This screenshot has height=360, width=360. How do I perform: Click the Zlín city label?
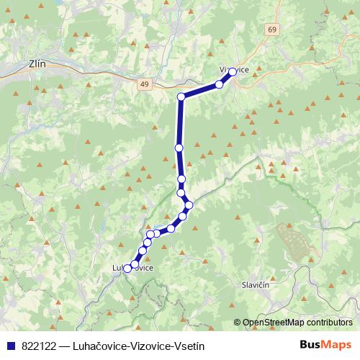[36, 63]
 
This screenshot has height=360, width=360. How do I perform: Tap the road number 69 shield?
[270, 29]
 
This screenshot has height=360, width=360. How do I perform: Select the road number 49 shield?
[145, 84]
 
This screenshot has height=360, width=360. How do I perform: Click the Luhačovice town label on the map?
[133, 268]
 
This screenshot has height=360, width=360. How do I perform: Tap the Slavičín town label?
[256, 284]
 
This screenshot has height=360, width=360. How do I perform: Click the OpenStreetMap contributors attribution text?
[297, 323]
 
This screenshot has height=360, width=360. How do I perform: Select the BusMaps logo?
[327, 345]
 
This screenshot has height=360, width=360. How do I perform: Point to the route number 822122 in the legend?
[36, 345]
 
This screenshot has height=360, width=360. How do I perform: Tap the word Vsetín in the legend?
[184, 345]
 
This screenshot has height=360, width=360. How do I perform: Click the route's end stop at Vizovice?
[233, 72]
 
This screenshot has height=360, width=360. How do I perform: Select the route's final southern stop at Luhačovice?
[127, 269]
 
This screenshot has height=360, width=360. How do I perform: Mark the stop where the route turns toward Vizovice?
[181, 96]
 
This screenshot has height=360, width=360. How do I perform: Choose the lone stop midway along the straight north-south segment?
[179, 148]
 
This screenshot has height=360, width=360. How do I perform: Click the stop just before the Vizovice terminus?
[220, 85]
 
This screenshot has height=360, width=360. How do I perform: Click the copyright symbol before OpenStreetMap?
[237, 323]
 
